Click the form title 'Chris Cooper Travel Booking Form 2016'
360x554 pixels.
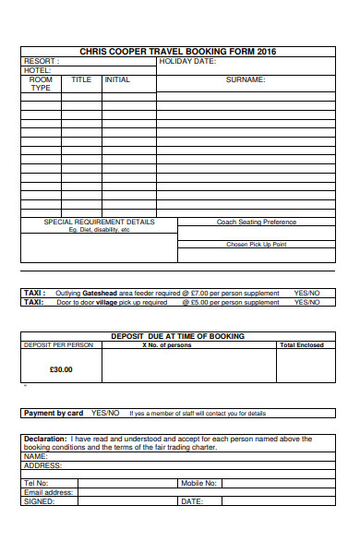(177, 51)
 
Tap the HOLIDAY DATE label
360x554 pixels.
(187, 61)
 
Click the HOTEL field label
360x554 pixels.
(38, 70)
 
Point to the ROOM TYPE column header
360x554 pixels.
(41, 84)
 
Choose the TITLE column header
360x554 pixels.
(81, 80)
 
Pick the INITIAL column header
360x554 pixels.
(117, 80)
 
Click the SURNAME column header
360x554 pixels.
(246, 80)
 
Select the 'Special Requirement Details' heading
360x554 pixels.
(100, 222)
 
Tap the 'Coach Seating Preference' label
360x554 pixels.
(256, 222)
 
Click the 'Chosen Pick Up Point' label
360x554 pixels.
(256, 245)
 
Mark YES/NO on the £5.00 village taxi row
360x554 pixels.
(306, 302)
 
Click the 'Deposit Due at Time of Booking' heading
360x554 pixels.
(177, 336)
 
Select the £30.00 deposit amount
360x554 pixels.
(60, 369)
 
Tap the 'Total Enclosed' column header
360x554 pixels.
(302, 345)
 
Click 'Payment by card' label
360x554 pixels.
(54, 413)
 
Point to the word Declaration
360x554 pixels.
(45, 439)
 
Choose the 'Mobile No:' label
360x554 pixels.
(198, 483)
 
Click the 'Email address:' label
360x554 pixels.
(48, 492)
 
